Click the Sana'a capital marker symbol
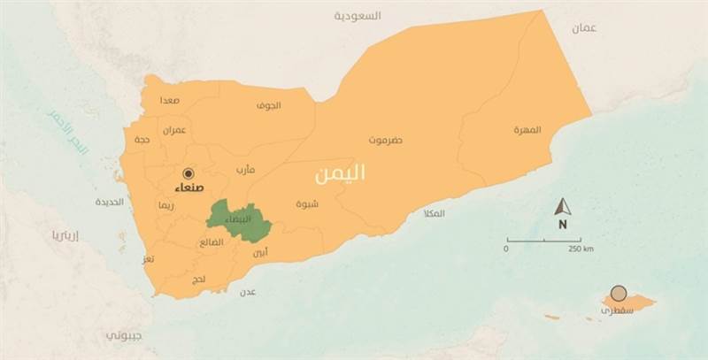click(x=188, y=173)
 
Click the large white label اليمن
click(x=340, y=174)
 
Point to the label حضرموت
click(x=387, y=140)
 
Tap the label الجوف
click(x=268, y=105)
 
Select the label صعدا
click(x=170, y=101)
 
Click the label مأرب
click(x=245, y=169)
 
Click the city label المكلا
click(x=435, y=213)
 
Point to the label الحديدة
click(x=109, y=202)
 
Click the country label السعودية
click(x=358, y=16)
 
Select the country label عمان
click(x=583, y=27)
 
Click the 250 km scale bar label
click(x=581, y=249)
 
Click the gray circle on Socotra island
click(x=619, y=293)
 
